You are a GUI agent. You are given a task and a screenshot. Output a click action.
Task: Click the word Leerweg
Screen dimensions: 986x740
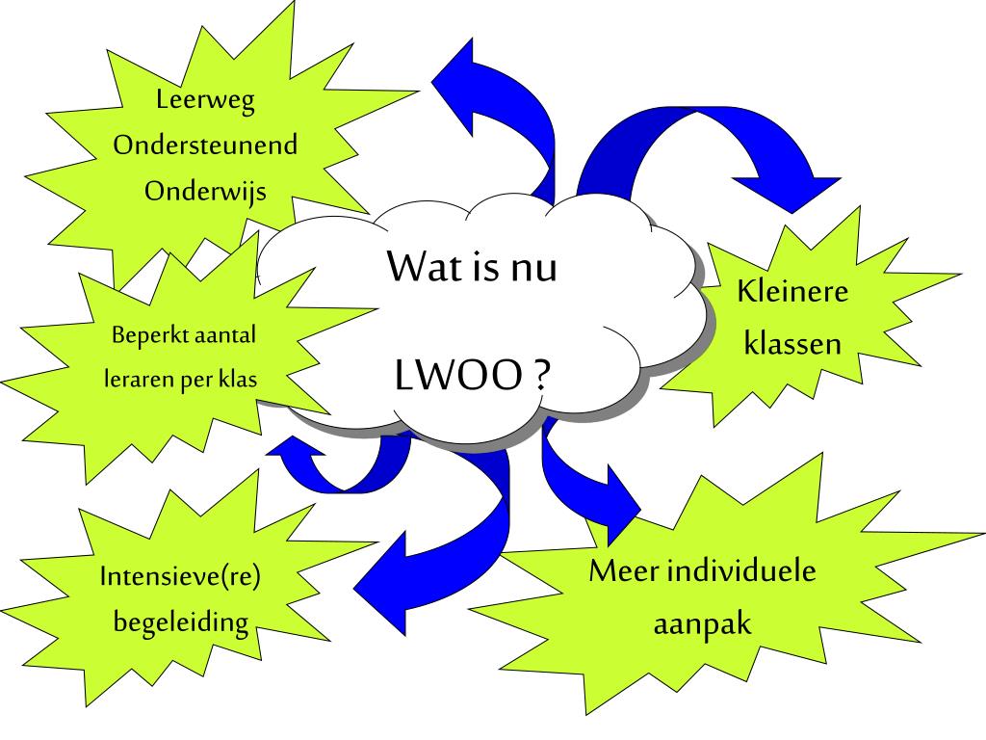click(205, 102)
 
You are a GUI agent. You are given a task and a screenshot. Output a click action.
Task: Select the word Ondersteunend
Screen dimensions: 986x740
click(205, 146)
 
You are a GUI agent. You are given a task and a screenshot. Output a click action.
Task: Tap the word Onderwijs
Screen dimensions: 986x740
click(205, 191)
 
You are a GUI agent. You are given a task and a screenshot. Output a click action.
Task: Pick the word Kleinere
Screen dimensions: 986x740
click(793, 292)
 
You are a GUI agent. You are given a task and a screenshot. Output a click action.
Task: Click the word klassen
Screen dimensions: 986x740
click(793, 344)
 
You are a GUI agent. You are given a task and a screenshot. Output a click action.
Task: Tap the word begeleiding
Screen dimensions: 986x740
click(181, 622)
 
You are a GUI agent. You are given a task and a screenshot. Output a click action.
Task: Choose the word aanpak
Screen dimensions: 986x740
click(703, 624)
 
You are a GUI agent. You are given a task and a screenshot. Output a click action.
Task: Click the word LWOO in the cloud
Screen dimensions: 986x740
click(458, 377)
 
